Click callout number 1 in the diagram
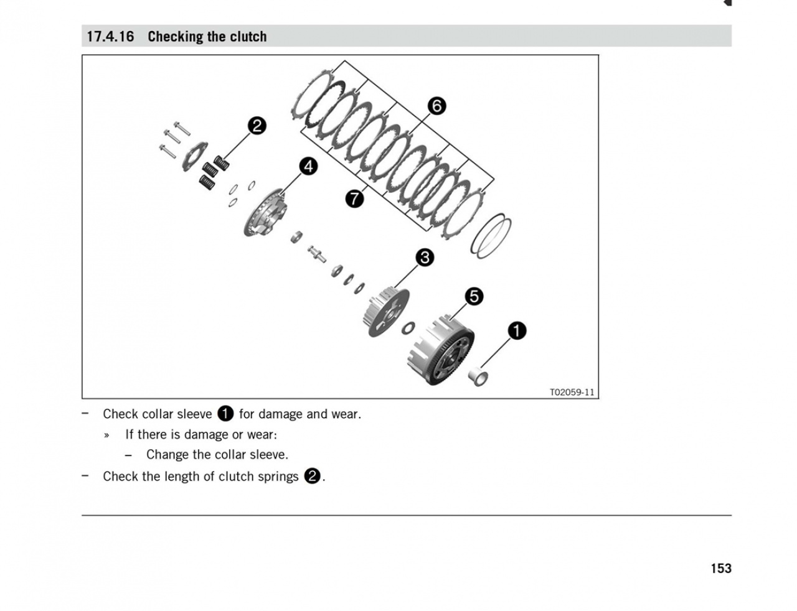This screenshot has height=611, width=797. pos(517,330)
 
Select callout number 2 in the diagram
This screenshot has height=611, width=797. pos(257,126)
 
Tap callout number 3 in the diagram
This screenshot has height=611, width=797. pos(425,257)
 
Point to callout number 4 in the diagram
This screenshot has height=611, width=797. pos(308,166)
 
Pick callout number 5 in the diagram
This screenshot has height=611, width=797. pos(474,296)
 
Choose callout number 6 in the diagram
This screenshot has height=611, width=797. pos(436,106)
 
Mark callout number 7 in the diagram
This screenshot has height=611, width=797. pos(354,198)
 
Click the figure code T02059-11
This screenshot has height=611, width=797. pos(572,392)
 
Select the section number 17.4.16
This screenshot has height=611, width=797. pos(110,37)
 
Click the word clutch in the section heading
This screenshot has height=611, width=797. pos(248,37)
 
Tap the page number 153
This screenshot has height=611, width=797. pos(720,568)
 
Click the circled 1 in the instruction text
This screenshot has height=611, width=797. pos(225,414)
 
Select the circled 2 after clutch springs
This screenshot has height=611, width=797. pos(312,477)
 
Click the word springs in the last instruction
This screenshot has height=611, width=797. pos(277,477)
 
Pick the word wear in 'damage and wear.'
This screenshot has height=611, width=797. pos(345,414)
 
